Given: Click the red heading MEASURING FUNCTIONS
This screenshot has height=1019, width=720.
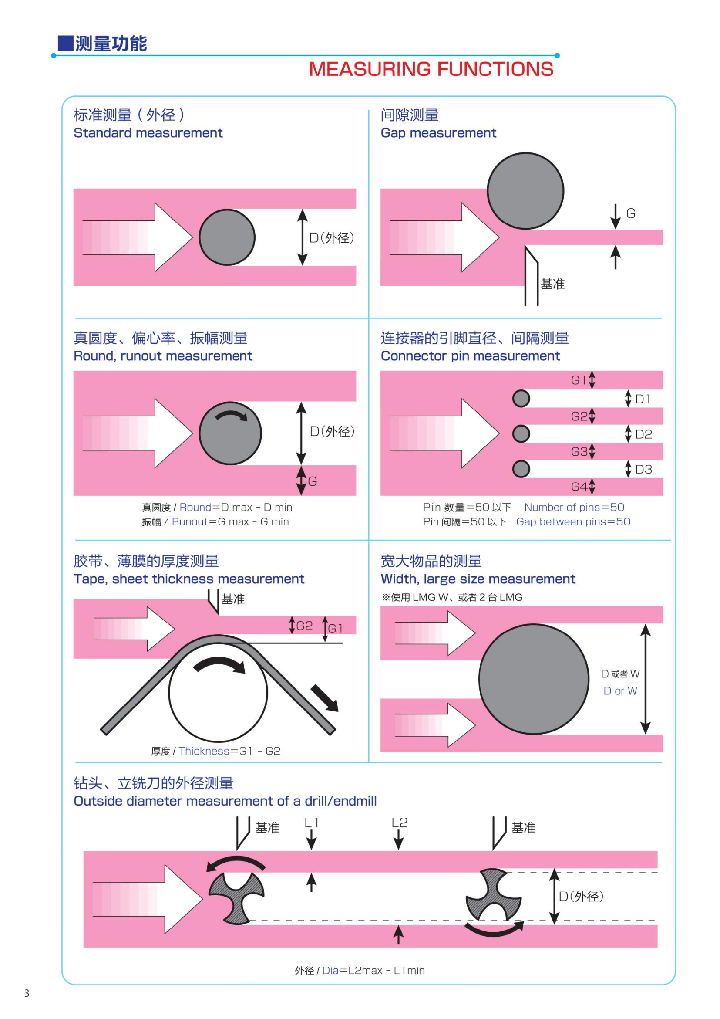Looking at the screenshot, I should (x=431, y=69).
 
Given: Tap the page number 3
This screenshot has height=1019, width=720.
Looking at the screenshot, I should (x=27, y=993).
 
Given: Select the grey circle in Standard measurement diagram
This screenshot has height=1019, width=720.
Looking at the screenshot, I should (x=226, y=237).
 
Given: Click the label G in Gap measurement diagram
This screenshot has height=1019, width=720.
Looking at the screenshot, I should (x=630, y=214).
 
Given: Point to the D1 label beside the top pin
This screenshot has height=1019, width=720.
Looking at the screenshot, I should (x=643, y=399).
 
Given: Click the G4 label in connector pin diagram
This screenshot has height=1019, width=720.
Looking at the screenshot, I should (x=579, y=487).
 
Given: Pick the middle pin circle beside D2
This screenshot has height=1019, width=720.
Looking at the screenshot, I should (x=521, y=433).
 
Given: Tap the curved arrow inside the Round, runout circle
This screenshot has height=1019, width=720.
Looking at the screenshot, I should (x=231, y=416).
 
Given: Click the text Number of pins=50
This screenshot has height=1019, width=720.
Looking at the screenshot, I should (x=574, y=507).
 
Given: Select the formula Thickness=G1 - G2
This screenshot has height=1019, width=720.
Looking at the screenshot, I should (x=229, y=751).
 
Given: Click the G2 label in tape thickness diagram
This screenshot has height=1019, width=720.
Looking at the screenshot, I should (x=304, y=626).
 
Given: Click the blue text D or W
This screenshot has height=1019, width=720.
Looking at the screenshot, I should (x=620, y=691).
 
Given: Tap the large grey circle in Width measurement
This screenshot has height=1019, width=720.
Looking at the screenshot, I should (x=534, y=679).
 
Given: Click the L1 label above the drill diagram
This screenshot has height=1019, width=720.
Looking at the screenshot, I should (x=311, y=823).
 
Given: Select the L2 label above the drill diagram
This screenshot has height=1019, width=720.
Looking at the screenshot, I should (x=399, y=823).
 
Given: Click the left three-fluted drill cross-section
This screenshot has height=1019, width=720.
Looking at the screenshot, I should (x=236, y=898).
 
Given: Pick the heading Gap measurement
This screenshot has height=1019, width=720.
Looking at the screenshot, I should (x=438, y=133).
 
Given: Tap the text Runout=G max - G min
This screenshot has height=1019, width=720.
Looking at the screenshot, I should (x=230, y=522).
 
